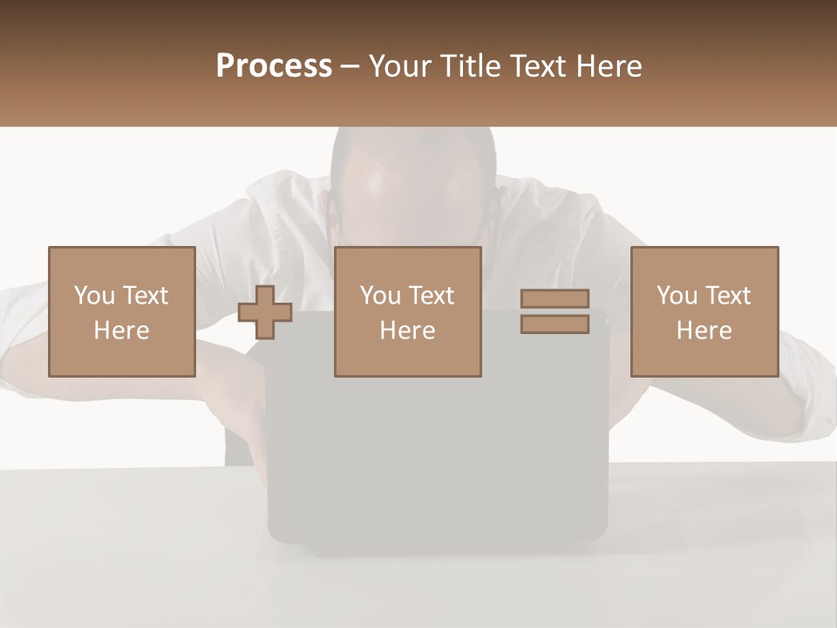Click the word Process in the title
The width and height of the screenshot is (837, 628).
274,66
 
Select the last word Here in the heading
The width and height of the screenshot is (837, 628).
607,66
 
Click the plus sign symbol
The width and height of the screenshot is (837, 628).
265,312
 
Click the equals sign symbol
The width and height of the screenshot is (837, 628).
555,311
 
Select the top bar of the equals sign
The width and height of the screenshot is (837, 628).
555,298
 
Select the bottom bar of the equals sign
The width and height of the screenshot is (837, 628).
555,324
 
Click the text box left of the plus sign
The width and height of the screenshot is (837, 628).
121,311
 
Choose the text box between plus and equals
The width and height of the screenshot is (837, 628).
407,311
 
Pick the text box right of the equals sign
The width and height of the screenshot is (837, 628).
704,311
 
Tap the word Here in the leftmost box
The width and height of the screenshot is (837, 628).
121,331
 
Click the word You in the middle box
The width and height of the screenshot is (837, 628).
380,296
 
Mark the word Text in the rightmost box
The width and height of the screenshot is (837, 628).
729,296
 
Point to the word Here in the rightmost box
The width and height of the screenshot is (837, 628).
704,331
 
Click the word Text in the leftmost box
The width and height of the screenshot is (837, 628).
146,296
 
